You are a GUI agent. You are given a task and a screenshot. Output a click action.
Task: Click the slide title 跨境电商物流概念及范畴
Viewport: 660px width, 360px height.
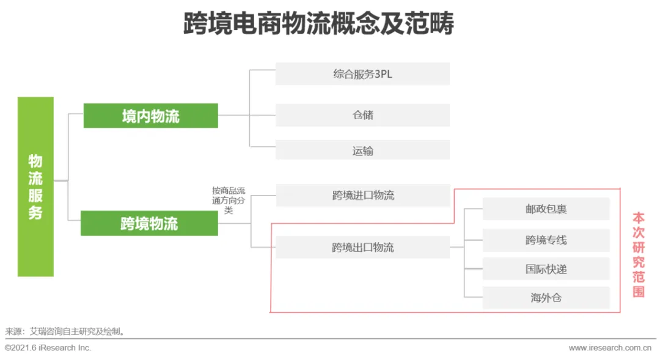coord(318,25)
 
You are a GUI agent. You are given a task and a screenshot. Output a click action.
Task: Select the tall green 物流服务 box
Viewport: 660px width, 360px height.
coord(35,186)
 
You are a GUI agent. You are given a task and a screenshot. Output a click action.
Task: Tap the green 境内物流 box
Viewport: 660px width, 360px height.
coord(150,116)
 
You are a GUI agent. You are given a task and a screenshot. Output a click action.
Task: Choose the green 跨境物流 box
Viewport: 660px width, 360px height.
coord(149,224)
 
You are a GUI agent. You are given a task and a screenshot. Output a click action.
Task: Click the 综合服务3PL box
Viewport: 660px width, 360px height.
coord(362,74)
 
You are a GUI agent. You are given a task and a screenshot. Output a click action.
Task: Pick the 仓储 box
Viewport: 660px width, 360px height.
coord(362,115)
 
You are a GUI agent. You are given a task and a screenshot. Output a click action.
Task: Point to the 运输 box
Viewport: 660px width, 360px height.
coord(362,150)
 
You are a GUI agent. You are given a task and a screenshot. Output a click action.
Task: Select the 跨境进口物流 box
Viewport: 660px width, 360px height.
coord(363,196)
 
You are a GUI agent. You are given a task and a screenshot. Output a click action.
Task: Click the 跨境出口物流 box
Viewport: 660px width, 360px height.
coord(362,248)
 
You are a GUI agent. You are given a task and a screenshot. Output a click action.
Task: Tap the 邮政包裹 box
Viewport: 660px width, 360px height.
coord(546,209)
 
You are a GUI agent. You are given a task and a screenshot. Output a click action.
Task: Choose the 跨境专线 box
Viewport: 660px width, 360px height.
coord(546,240)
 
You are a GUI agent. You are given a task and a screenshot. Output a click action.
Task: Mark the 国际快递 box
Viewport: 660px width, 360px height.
coord(546,269)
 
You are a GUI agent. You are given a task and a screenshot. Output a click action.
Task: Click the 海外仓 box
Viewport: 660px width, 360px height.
coord(546,298)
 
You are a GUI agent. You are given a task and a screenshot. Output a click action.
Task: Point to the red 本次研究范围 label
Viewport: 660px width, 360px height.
coord(639,254)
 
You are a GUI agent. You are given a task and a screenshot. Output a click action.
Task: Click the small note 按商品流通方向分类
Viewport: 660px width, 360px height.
coord(229,200)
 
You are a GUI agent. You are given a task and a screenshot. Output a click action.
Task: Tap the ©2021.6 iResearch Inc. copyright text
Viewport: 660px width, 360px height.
coord(48,348)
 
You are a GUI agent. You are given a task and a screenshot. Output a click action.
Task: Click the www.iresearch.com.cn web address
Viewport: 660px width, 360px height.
coord(609,348)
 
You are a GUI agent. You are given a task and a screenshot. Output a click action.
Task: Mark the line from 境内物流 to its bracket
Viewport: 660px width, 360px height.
coord(233,115)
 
